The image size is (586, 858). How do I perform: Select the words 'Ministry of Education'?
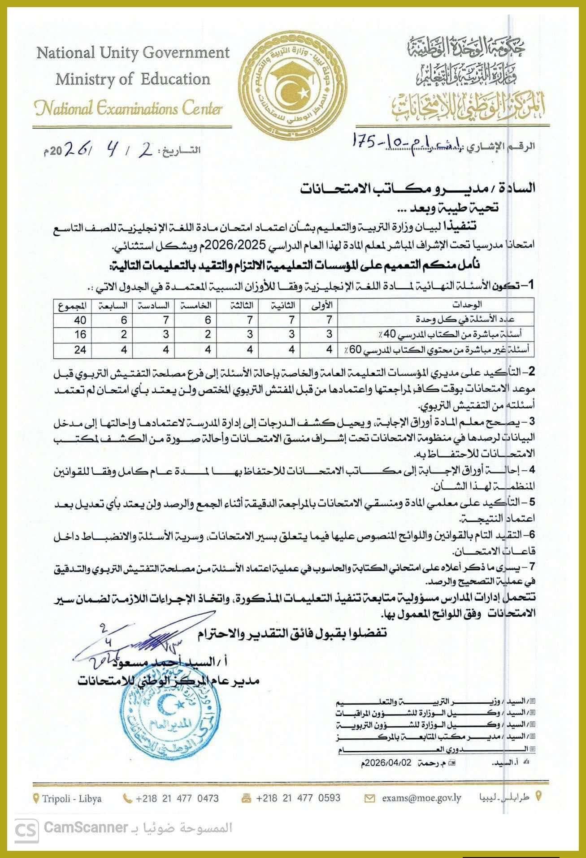133,79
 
